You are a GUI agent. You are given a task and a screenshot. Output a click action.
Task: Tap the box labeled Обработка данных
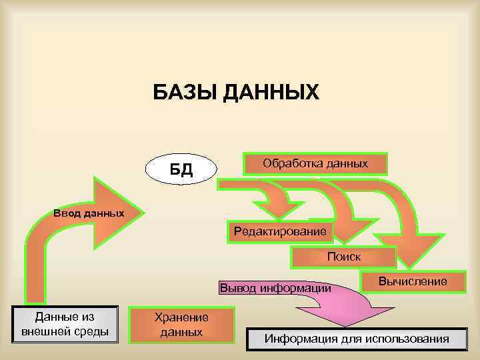point(315,163)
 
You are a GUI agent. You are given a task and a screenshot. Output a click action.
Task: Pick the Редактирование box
point(279,231)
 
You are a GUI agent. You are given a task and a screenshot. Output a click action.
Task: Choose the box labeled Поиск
point(343,257)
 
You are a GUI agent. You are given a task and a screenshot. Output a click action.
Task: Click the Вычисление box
point(413,282)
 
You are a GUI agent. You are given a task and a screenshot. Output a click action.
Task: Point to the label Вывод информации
point(275,288)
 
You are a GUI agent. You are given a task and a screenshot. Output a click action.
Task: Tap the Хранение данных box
point(181,325)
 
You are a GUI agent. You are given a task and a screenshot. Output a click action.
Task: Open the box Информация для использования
point(357,339)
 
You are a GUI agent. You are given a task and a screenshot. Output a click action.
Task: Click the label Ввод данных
point(89,213)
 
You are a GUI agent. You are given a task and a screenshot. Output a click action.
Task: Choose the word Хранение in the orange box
point(181,318)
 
